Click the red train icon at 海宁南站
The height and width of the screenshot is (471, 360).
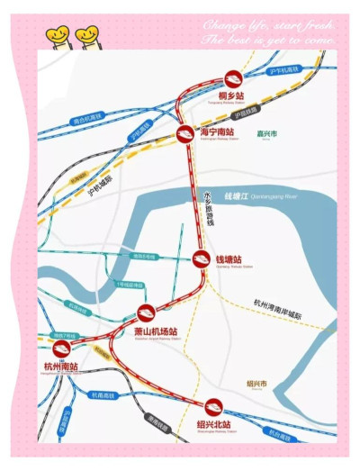pyautogui.click(x=184, y=135)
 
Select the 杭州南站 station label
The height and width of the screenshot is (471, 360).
pyautogui.click(x=61, y=367)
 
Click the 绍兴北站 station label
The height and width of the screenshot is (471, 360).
pyautogui.click(x=213, y=423)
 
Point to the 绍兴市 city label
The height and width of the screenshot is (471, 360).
pyautogui.click(x=257, y=383)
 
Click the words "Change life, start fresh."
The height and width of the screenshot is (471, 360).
pyautogui.click(x=269, y=24)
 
